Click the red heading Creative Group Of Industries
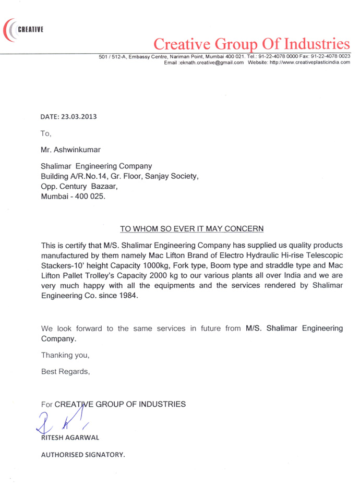(250, 43)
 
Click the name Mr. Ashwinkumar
(67, 150)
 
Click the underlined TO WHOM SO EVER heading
(192, 228)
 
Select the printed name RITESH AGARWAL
(70, 437)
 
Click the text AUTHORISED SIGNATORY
(83, 454)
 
